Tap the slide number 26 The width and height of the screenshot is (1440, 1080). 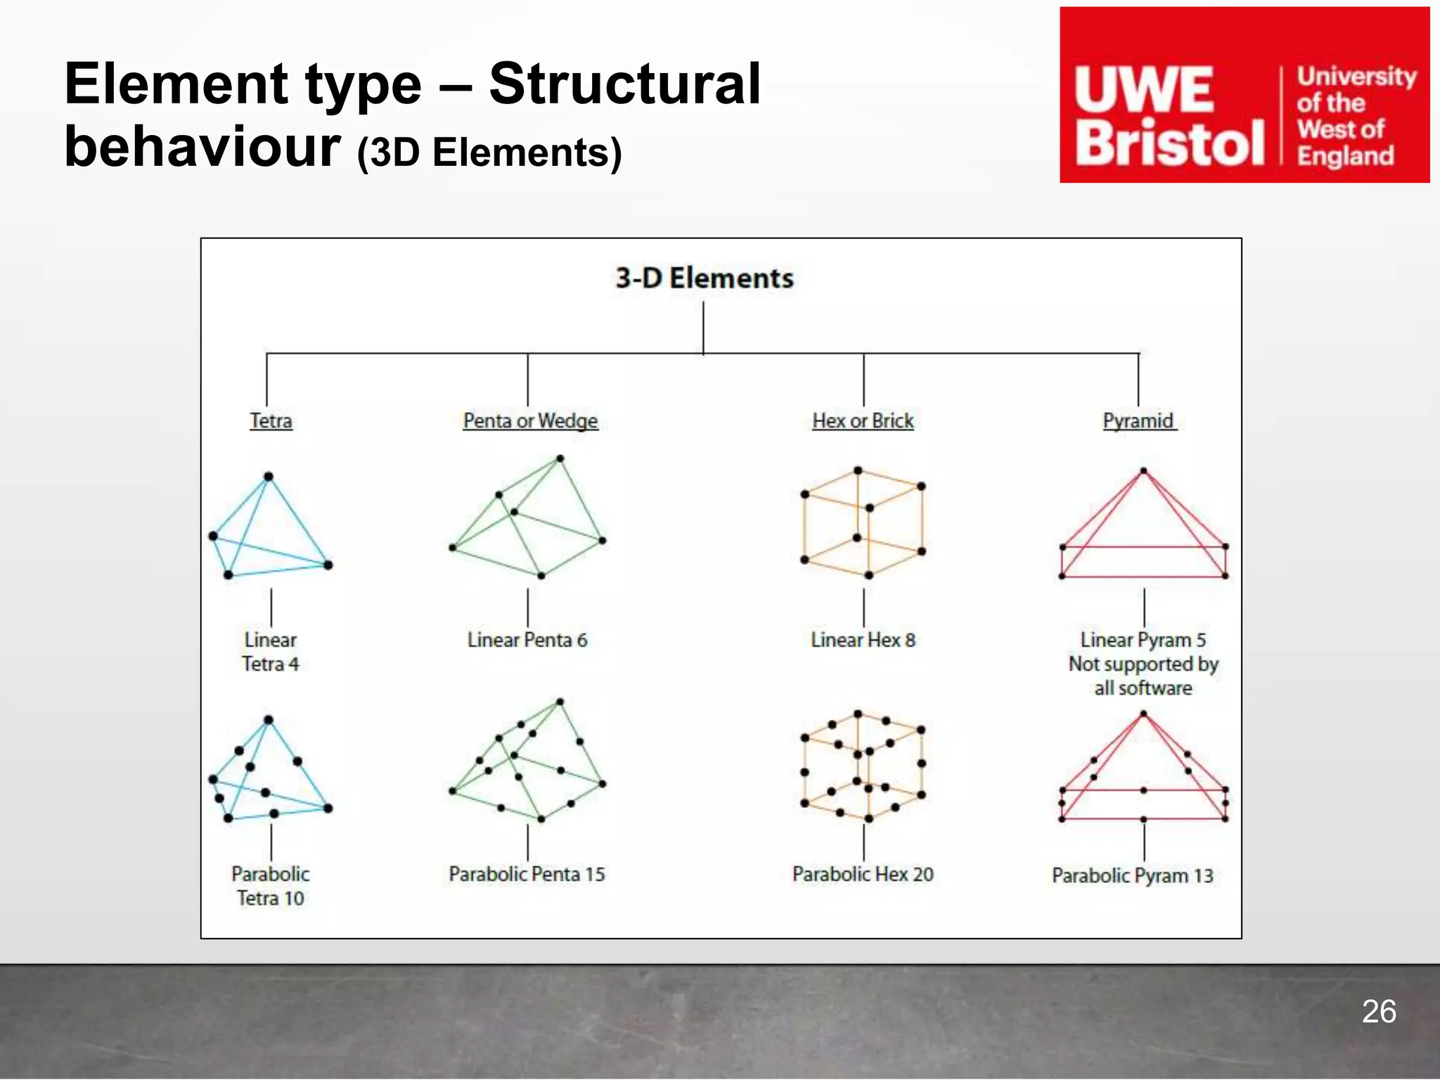click(x=1378, y=1012)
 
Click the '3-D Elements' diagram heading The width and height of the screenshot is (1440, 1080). click(x=705, y=278)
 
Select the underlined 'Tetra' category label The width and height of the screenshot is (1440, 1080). click(x=271, y=421)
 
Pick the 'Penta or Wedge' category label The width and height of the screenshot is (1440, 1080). click(x=530, y=421)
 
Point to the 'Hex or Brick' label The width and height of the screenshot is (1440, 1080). click(x=863, y=421)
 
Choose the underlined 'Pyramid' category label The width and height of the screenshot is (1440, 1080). click(x=1138, y=421)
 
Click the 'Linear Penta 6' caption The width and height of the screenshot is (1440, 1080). click(x=527, y=640)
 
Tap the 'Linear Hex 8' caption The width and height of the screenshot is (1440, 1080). click(x=863, y=640)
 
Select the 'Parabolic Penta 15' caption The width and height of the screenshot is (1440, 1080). click(x=527, y=874)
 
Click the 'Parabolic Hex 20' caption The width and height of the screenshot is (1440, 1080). click(x=863, y=874)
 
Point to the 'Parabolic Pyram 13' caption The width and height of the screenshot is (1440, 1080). click(x=1132, y=875)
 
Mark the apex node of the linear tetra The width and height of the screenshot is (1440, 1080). click(x=268, y=477)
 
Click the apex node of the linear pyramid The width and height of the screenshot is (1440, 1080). click(x=1143, y=471)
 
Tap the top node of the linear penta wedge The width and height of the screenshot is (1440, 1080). click(x=560, y=459)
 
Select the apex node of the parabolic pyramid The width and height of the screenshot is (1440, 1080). click(x=1143, y=714)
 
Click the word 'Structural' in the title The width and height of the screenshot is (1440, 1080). click(x=624, y=84)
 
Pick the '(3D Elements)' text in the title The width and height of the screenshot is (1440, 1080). click(x=489, y=153)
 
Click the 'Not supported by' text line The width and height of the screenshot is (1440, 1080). click(x=1143, y=664)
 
